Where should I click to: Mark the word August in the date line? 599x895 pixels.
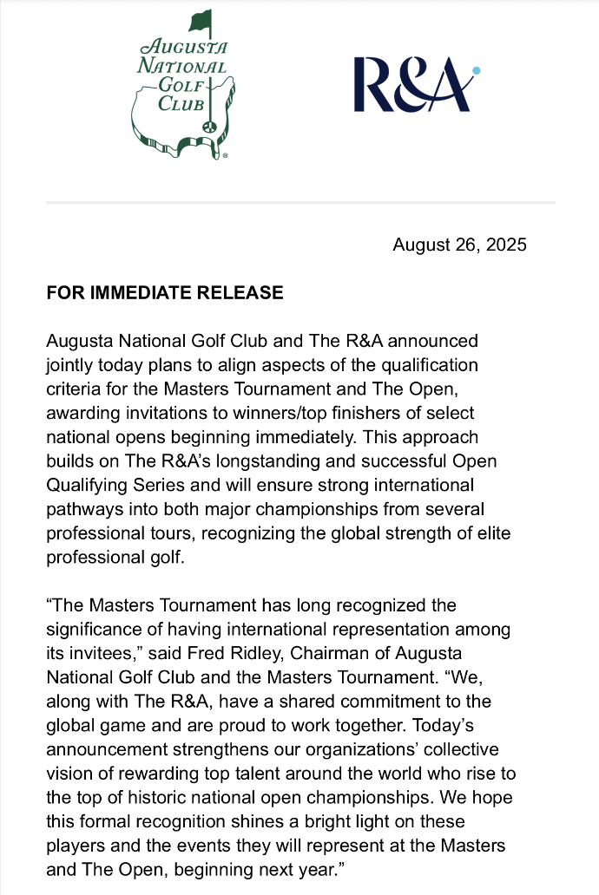point(419,245)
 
